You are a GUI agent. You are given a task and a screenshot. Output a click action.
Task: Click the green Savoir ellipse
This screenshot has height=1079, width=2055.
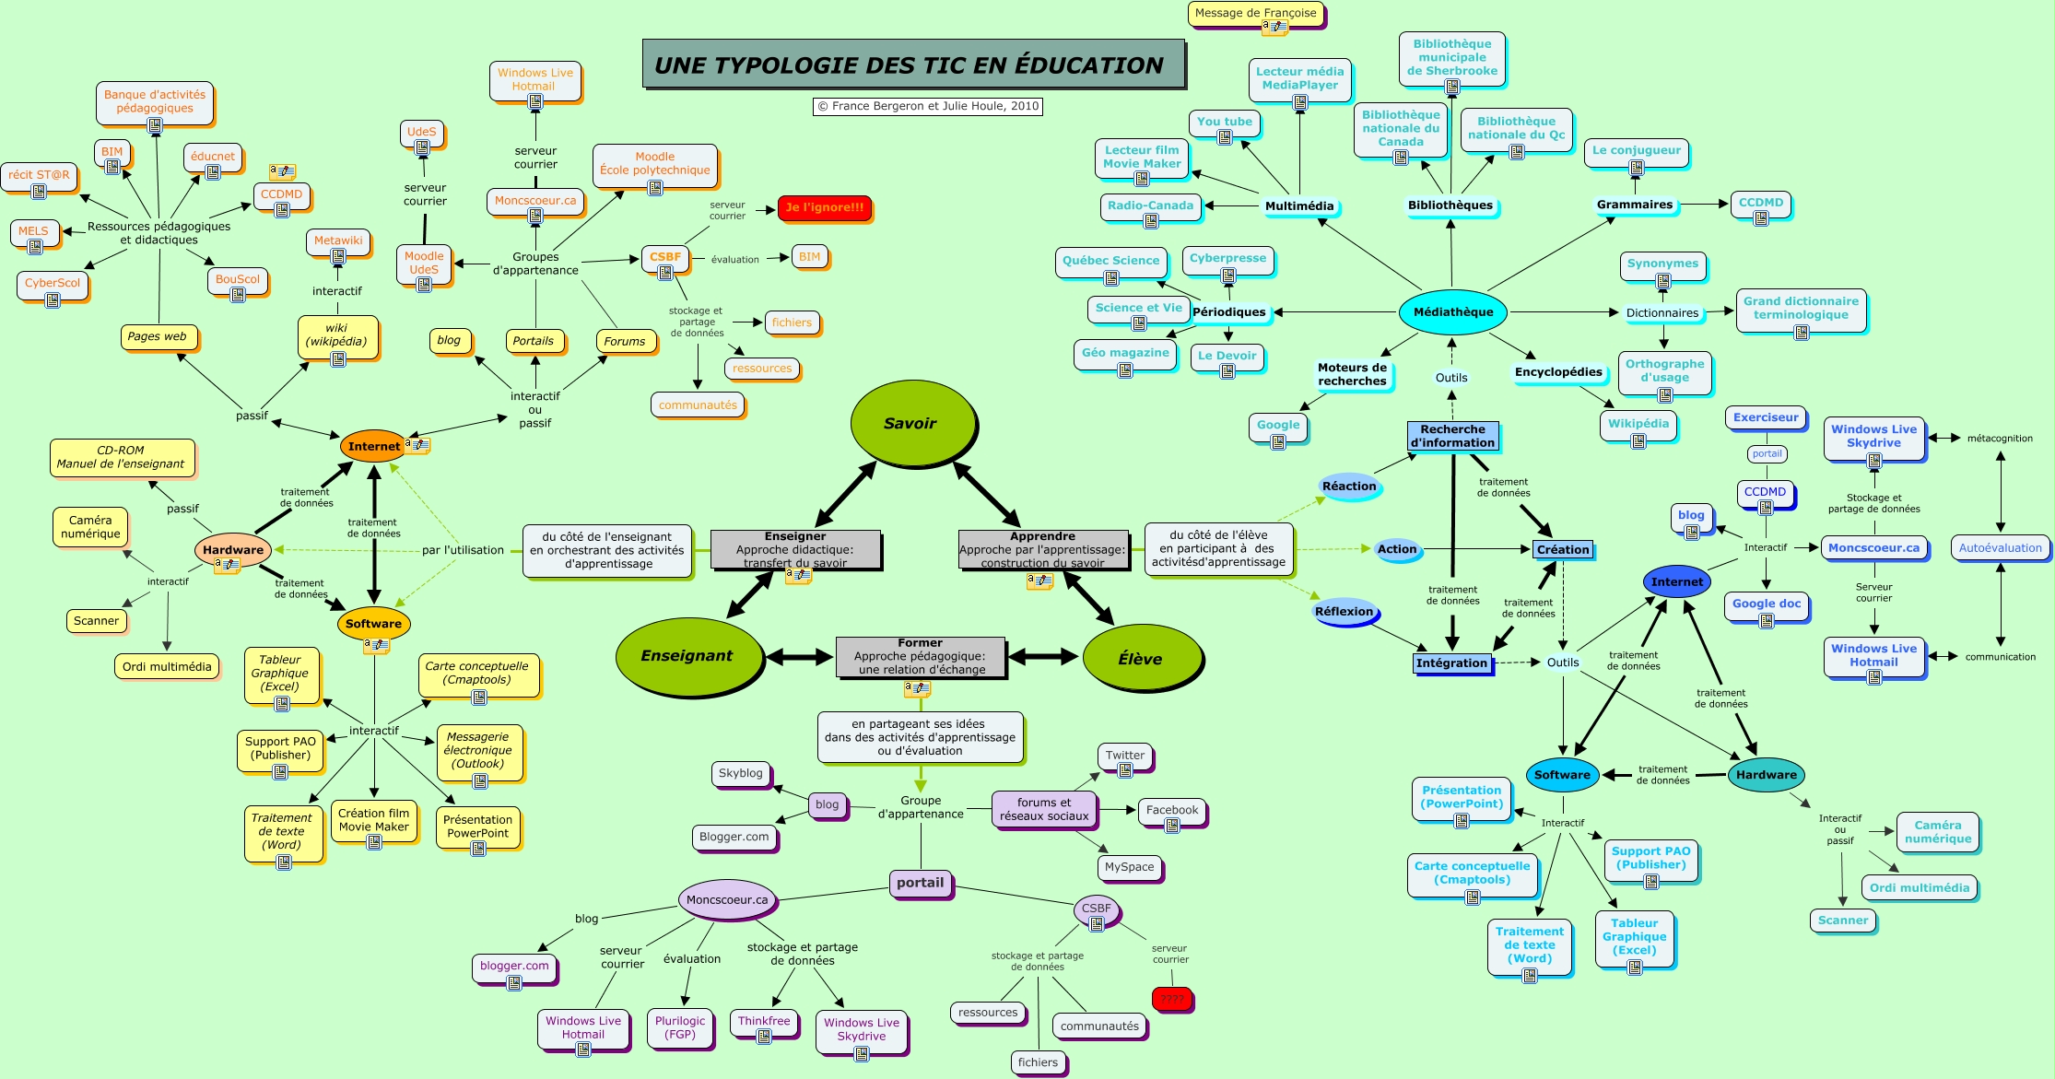[x=910, y=423]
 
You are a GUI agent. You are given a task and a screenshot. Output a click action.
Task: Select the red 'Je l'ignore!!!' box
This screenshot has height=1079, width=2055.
[x=824, y=207]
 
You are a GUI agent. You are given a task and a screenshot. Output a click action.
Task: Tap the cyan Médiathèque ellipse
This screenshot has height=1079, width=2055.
[x=1453, y=312]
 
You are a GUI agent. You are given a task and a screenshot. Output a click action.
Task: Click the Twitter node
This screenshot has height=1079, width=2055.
[x=1124, y=756]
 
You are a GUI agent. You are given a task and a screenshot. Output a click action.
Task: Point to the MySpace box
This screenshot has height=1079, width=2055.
[x=1129, y=867]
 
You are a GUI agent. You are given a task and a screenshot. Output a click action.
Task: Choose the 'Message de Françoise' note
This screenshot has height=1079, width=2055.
[x=1255, y=13]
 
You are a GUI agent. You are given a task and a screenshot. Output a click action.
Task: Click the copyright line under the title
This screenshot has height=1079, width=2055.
[x=928, y=106]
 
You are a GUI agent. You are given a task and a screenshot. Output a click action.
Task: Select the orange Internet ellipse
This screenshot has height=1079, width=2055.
[x=373, y=446]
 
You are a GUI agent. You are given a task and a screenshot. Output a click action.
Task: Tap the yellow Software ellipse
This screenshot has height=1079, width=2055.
[x=373, y=624]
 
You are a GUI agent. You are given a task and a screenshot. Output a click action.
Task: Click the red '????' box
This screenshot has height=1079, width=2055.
[x=1171, y=999]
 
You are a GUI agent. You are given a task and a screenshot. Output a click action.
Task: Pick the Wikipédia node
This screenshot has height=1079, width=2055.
[x=1638, y=424]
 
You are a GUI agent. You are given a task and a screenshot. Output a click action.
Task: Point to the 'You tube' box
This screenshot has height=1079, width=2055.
[x=1224, y=122]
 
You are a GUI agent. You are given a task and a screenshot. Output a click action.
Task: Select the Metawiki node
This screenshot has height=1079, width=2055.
[x=338, y=240]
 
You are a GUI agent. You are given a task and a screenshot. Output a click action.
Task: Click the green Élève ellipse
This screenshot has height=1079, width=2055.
[x=1141, y=659]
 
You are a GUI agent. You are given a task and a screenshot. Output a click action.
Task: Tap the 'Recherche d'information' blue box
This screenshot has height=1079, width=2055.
[x=1452, y=436]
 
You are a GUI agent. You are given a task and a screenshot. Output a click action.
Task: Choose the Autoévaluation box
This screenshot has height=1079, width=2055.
[x=2000, y=548]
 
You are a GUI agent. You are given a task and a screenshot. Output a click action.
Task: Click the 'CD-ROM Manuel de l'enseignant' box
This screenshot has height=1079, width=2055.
[x=121, y=457]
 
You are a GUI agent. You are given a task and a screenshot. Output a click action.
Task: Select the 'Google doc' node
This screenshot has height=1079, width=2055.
[x=1766, y=604]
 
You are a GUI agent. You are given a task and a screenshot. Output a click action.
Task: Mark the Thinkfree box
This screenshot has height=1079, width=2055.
[x=764, y=1021]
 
